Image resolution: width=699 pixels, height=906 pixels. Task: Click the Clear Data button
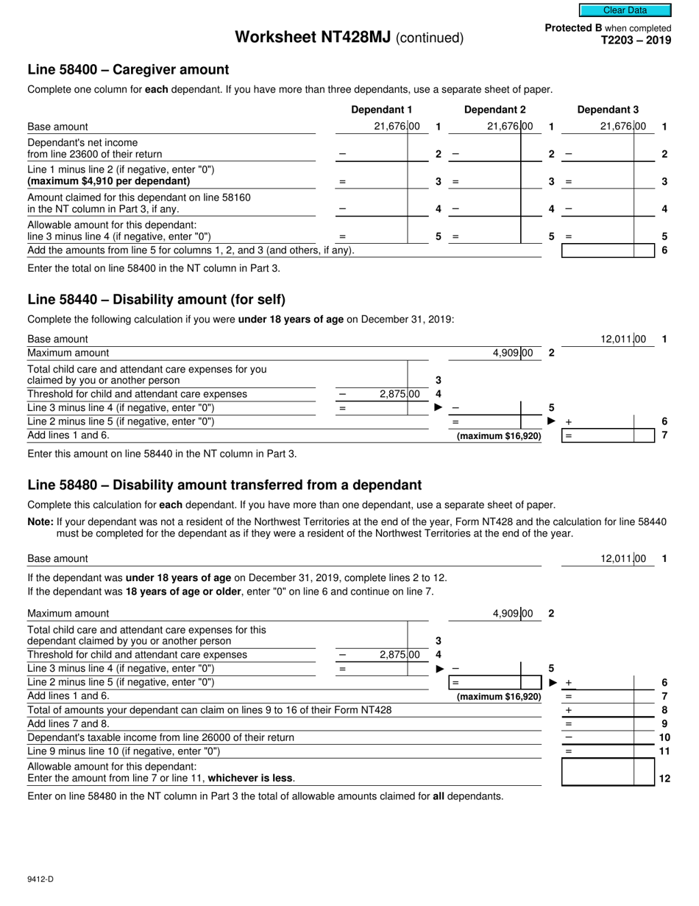coord(625,10)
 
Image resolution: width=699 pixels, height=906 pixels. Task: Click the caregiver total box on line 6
coord(597,250)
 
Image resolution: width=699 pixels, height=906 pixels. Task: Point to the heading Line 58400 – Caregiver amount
coord(128,70)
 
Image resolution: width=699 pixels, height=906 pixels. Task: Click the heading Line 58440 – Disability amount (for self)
coord(156,300)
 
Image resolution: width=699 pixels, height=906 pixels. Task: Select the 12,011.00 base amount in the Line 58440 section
coord(622,340)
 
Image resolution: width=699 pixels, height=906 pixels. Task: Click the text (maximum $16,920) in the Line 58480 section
coord(499,697)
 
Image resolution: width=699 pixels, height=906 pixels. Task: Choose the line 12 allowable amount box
coord(597,772)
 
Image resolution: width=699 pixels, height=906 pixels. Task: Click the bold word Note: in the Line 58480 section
coord(40,522)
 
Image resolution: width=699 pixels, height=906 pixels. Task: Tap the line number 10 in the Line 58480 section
coord(664,737)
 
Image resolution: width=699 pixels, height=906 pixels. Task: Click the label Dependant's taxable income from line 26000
coord(160,737)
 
